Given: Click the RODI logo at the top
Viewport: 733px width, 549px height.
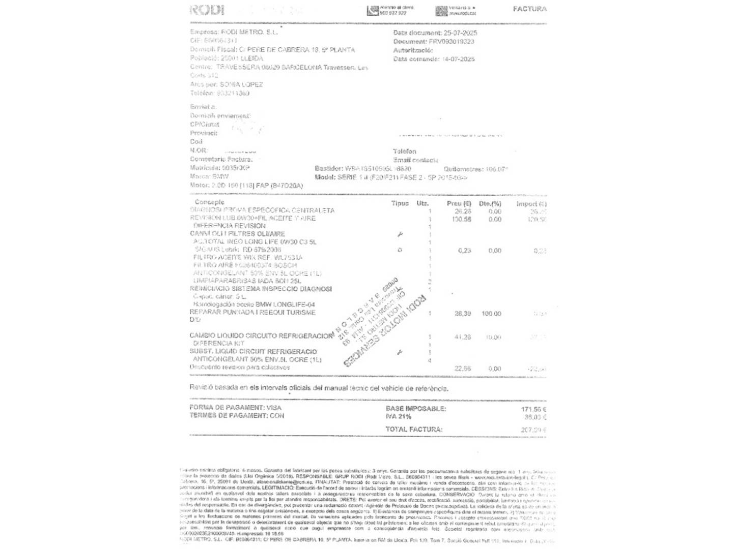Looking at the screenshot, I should tap(207, 10).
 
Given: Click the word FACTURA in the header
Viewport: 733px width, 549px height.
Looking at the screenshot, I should tap(529, 9).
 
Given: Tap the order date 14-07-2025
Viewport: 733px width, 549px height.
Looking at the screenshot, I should tap(458, 59).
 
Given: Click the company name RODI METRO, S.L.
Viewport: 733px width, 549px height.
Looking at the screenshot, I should tap(249, 32).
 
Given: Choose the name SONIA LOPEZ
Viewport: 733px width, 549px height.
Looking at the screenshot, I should tap(241, 84).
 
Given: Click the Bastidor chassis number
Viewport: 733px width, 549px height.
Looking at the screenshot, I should tap(378, 169).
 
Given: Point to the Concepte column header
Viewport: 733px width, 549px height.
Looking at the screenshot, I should tap(209, 202).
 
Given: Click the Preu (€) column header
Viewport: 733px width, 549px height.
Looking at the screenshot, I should tap(459, 204).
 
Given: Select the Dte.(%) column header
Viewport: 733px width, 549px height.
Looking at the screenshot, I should tap(490, 204).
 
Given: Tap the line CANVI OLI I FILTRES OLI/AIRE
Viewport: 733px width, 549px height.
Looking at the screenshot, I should tap(237, 234).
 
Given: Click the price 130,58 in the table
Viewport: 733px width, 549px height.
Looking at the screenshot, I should tap(462, 220).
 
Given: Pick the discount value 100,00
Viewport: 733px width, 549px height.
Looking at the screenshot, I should tap(491, 314).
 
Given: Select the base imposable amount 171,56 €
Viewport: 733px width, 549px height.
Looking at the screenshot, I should tap(533, 409).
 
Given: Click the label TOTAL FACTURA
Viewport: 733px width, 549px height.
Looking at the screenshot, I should tap(414, 430).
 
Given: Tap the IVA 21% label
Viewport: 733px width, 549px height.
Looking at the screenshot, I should tap(399, 416).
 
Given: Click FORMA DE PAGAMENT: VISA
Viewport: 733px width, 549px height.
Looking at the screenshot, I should tap(235, 408).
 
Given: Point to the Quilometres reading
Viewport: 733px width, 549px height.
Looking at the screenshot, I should tap(475, 169).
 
